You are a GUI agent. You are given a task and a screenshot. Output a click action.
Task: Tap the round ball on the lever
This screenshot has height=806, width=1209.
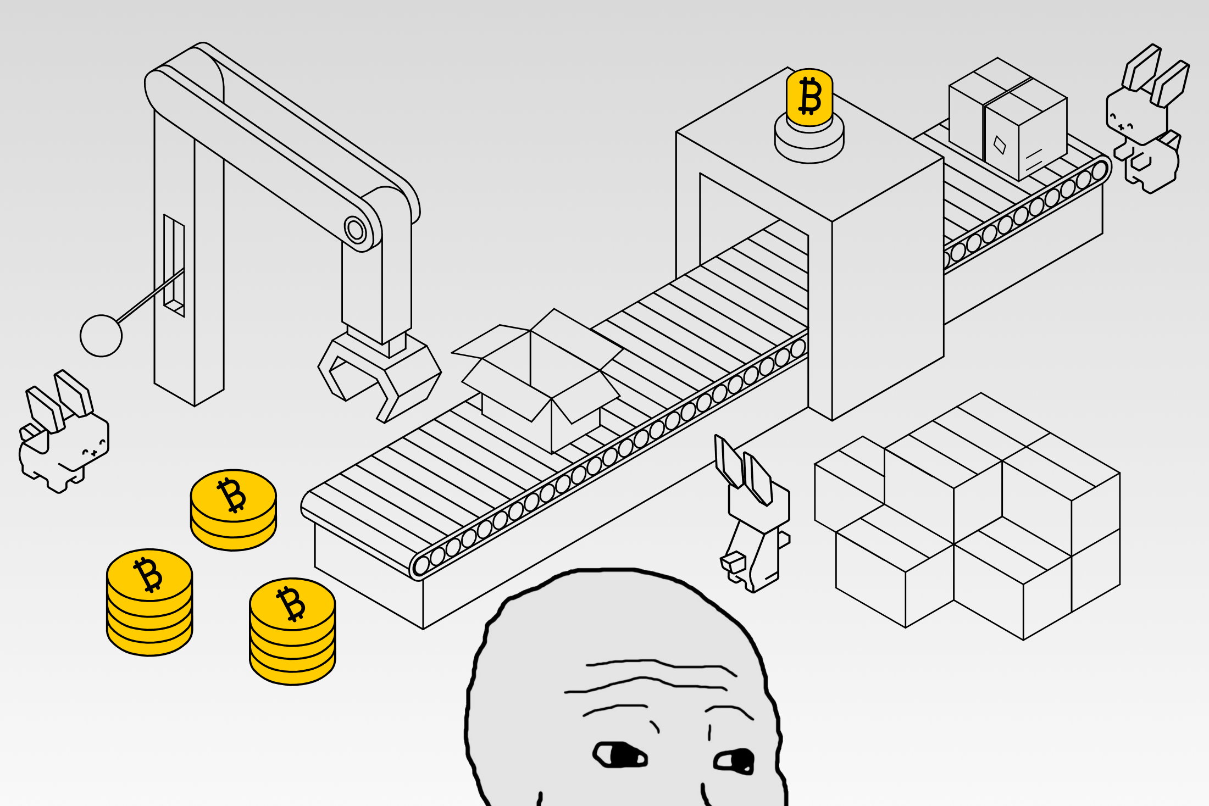coord(101,336)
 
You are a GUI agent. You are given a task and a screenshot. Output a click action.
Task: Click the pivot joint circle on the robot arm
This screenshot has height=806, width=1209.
coord(356,230)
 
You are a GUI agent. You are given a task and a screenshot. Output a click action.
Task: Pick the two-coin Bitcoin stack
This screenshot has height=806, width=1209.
coord(233,509)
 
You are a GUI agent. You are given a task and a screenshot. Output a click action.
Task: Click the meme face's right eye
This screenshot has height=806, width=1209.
coord(735,761)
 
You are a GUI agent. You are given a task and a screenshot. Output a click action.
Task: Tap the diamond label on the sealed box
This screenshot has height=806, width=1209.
coord(1000,144)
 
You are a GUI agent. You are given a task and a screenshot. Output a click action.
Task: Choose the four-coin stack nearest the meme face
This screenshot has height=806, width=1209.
coord(292,632)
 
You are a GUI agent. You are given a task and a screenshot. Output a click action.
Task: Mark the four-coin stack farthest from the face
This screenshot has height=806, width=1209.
coord(149,603)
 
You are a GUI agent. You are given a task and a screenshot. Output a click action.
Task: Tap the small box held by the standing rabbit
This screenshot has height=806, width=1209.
coord(733,562)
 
